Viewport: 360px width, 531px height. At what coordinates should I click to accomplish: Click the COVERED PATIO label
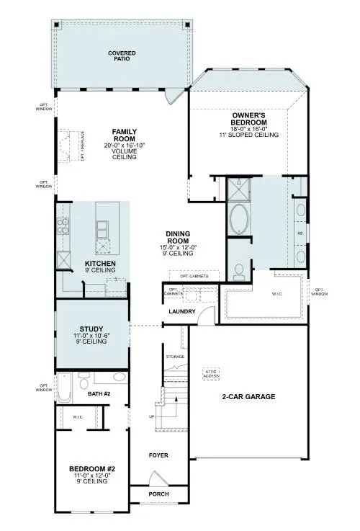point(122,55)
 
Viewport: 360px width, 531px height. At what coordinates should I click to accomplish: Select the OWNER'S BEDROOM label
point(249,118)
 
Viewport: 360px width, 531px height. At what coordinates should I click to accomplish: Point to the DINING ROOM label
point(177,234)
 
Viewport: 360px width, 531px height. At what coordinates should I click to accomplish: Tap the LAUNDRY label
point(178,311)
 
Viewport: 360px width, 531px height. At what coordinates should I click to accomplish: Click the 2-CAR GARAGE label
point(249,396)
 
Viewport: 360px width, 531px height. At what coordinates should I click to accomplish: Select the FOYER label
point(158,455)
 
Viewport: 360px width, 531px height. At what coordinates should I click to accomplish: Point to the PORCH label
point(158,494)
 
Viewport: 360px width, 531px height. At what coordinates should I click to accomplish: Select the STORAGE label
point(176,357)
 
